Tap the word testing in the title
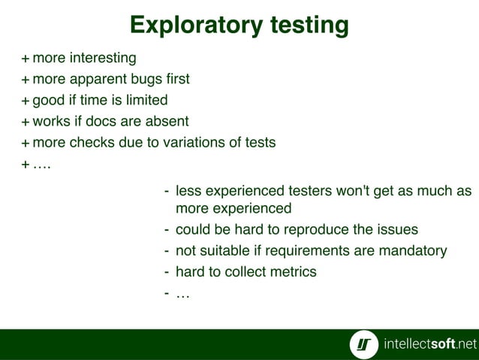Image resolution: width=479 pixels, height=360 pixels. pyautogui.click(x=306, y=26)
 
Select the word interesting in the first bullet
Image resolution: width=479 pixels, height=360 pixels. pyautogui.click(x=102, y=58)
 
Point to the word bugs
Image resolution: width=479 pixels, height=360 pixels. pyautogui.click(x=150, y=79)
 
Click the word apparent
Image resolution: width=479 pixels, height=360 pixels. pyautogui.click(x=102, y=79)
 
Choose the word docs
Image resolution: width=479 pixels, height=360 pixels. pyautogui.click(x=108, y=121)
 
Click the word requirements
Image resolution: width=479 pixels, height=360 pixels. pyautogui.click(x=300, y=250)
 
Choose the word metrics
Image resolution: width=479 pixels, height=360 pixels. pyautogui.click(x=294, y=271)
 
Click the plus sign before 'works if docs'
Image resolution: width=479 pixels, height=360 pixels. pyautogui.click(x=26, y=121)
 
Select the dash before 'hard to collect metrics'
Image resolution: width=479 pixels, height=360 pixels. pyautogui.click(x=166, y=271)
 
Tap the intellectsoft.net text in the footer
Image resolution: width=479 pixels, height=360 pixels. pyautogui.click(x=429, y=344)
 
